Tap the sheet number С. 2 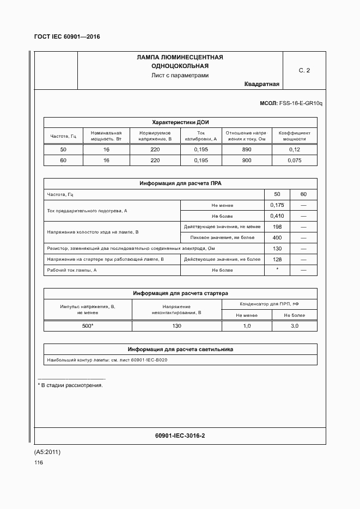(x=304, y=71)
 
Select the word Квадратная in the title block (x=261, y=84)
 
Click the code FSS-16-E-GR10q (x=301, y=103)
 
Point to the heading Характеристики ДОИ (x=180, y=122)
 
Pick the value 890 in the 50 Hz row (x=247, y=150)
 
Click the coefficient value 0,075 (x=294, y=161)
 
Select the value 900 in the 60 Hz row (x=247, y=161)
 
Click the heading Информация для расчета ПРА (x=180, y=183)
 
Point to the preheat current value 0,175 (x=277, y=205)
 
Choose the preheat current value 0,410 (x=277, y=216)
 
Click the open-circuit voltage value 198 (x=277, y=227)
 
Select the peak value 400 (x=277, y=238)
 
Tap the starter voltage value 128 (x=277, y=259)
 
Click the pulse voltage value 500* (x=88, y=326)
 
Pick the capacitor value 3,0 (x=294, y=326)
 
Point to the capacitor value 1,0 (x=247, y=326)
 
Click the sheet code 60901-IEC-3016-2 (x=180, y=436)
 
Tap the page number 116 (x=38, y=463)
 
